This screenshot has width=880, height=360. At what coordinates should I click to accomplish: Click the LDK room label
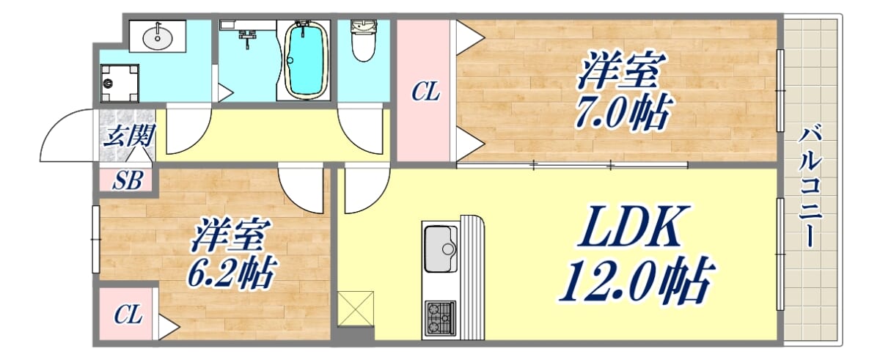631,227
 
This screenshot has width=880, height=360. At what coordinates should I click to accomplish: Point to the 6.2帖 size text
232,272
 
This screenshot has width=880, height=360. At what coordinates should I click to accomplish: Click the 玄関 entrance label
129,136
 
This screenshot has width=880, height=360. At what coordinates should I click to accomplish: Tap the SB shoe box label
126,180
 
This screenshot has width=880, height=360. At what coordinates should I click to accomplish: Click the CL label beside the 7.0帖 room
425,92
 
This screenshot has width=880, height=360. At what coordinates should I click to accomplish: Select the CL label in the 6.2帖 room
128,314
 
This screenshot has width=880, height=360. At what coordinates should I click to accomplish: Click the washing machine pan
120,84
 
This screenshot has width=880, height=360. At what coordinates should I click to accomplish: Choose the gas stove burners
441,318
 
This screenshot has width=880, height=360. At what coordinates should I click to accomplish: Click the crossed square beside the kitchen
356,309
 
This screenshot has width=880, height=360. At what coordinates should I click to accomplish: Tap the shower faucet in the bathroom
246,38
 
